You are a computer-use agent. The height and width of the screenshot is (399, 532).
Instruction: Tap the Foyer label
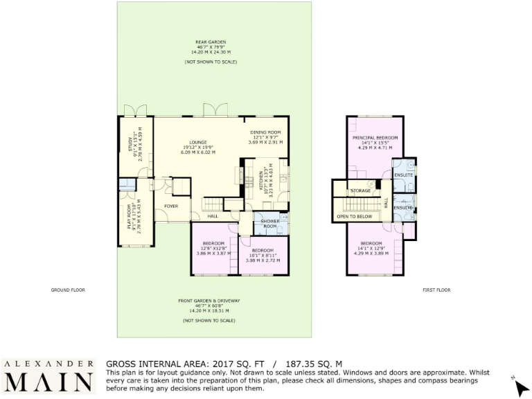[x=170, y=206]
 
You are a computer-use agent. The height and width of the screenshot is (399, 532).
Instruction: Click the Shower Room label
[x=269, y=224]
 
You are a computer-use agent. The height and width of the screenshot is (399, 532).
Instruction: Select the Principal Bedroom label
[x=374, y=138]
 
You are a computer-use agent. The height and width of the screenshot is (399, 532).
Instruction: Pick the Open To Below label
[x=354, y=217]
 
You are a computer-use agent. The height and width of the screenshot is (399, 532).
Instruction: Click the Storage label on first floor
[x=360, y=190]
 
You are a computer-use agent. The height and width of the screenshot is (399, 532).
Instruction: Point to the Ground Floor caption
[x=68, y=290]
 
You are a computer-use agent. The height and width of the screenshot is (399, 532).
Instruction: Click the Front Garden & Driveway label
[x=209, y=300]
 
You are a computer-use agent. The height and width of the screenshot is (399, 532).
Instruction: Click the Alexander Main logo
[x=48, y=376]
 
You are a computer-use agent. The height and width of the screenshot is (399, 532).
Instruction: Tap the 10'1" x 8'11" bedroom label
[x=263, y=254]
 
